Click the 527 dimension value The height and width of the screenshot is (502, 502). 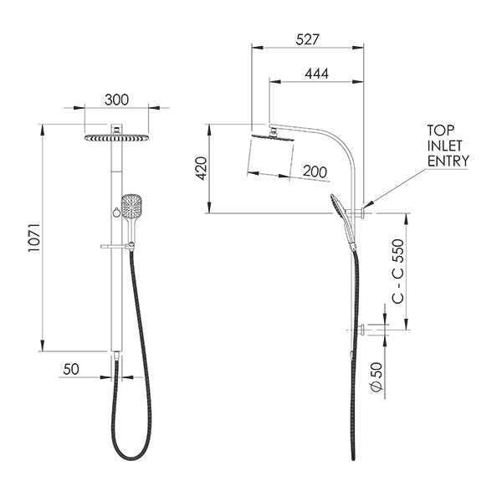click(x=307, y=39)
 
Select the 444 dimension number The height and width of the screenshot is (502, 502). click(x=316, y=74)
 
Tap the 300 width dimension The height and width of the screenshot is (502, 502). click(x=116, y=100)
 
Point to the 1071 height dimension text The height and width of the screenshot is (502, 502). click(x=34, y=238)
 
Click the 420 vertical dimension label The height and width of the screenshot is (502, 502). click(x=201, y=168)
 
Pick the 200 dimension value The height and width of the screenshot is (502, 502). click(x=315, y=172)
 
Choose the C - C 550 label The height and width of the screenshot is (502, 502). click(x=398, y=271)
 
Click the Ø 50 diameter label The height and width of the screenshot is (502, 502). click(x=376, y=376)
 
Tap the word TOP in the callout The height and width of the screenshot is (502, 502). click(x=441, y=131)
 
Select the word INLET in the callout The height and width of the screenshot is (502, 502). click(x=445, y=146)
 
